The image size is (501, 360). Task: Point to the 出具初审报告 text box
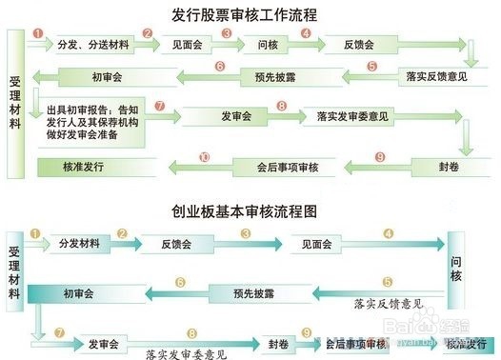(x=91, y=122)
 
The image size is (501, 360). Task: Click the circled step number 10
(x=205, y=156)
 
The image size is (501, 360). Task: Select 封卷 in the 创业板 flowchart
(x=278, y=343)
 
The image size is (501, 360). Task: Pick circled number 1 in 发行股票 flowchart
(x=37, y=31)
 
